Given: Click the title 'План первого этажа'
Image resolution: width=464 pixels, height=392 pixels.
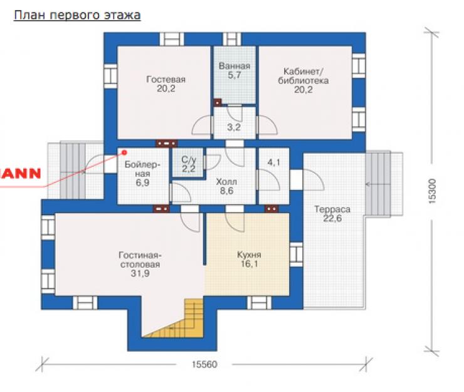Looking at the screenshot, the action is [77, 16].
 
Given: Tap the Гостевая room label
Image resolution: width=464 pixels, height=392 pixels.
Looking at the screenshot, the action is [166, 84].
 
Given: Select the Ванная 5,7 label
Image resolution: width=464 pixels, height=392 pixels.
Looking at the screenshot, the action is [235, 70].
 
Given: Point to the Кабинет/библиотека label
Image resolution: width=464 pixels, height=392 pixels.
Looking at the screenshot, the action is [303, 80].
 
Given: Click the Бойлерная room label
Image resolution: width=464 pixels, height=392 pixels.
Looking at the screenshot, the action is [142, 174].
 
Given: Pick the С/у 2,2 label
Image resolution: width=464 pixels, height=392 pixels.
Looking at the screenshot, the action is [189, 164].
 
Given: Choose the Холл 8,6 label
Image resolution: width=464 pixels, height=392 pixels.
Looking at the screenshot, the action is [226, 186].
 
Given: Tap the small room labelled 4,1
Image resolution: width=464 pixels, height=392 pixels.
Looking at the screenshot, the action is [274, 162].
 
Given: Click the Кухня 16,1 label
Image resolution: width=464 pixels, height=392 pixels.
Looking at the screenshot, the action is [249, 259].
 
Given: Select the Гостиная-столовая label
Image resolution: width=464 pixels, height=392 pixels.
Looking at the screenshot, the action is [140, 264].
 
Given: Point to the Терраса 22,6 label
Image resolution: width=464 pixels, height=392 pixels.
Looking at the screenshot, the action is [332, 214].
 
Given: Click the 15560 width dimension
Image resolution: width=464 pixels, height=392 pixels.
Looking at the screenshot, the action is [204, 364].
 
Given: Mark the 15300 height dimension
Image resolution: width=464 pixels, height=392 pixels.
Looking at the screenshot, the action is [433, 191].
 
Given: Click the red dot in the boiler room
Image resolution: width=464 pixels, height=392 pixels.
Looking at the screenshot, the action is [124, 152].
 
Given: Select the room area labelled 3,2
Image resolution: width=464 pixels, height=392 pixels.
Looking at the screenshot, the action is [234, 127].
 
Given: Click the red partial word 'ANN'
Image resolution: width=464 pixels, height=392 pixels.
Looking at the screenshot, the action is [20, 174].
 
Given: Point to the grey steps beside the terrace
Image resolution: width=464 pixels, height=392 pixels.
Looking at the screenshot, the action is [378, 184].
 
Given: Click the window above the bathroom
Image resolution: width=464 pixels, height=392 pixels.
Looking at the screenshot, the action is [232, 39].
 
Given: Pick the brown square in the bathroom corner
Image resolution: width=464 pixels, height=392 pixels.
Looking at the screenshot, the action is [218, 102].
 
